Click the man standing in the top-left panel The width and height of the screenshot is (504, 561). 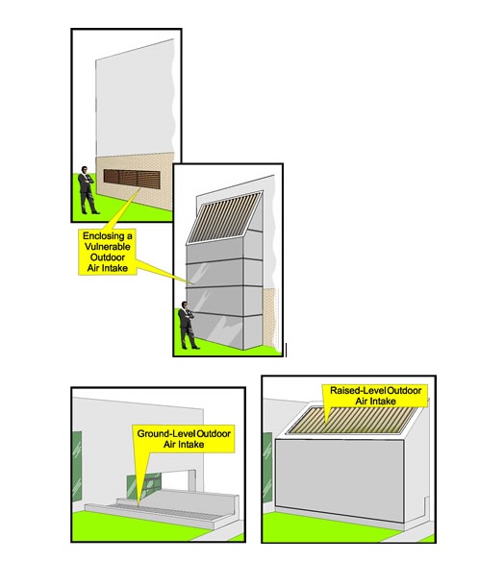(87, 190)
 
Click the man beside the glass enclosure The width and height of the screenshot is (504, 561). (188, 326)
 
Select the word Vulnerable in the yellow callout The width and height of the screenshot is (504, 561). (108, 247)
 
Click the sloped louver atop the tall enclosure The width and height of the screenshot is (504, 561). (226, 216)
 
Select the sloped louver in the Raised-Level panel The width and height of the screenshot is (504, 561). (352, 421)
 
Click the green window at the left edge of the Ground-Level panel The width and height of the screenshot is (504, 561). (77, 466)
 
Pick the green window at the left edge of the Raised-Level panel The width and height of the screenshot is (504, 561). (267, 467)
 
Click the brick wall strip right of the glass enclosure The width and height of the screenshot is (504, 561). (270, 318)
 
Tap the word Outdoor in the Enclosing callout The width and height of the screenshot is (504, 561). (108, 257)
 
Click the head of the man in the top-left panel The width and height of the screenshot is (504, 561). (85, 170)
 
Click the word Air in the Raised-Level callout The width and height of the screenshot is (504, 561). (362, 402)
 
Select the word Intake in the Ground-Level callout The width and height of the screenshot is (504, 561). (191, 445)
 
